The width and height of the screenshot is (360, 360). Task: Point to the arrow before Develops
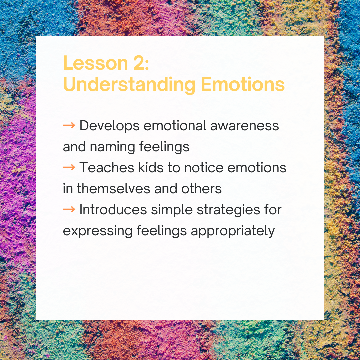69,126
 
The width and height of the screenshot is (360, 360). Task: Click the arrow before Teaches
69,168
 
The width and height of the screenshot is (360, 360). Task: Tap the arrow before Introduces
69,210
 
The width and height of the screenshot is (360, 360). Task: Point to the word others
201,189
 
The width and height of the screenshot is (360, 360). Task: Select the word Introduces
113,210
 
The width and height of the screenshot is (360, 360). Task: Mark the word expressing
97,231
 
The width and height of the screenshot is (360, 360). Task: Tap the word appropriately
233,231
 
